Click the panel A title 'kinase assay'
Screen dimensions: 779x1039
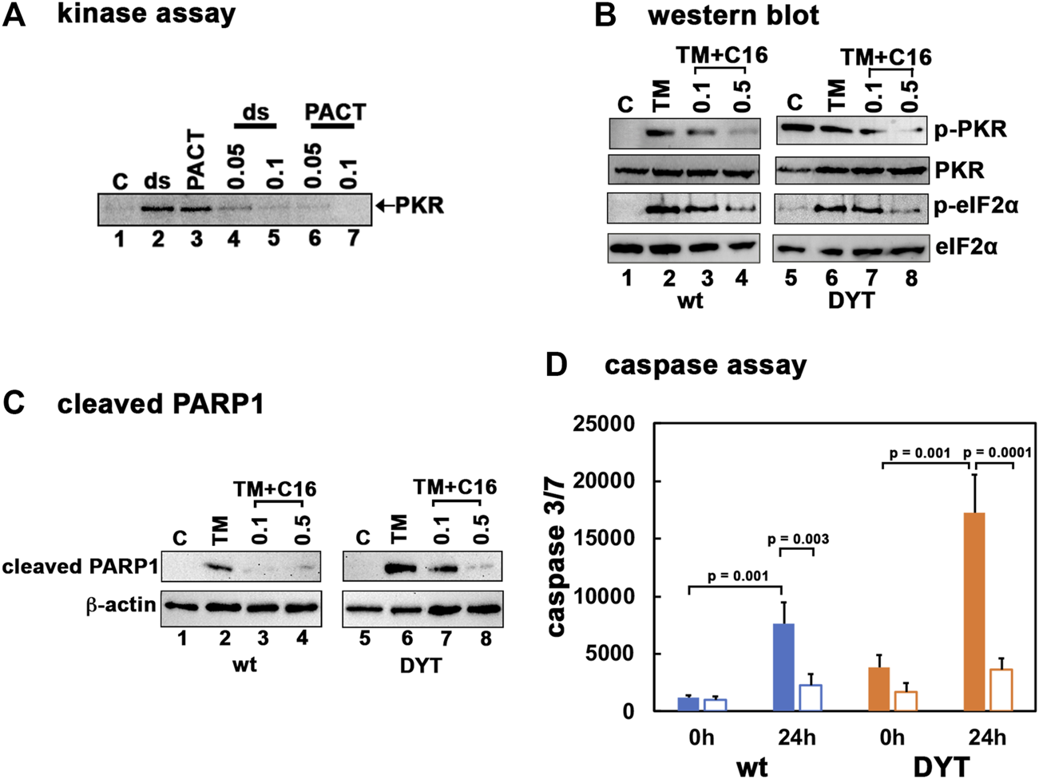[x=146, y=14]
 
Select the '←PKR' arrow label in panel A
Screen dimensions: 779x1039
[x=410, y=206]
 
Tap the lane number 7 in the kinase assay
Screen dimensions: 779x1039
[x=353, y=238]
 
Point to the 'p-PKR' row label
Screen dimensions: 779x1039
[x=970, y=130]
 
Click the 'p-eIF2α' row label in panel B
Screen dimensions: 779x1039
[x=977, y=207]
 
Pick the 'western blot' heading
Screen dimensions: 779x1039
[x=733, y=15]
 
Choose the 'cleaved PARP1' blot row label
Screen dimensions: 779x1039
[x=79, y=566]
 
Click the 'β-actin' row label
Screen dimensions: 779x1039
[x=120, y=604]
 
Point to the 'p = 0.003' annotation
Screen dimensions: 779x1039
[x=798, y=540]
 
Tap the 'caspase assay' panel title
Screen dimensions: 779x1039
[x=705, y=365]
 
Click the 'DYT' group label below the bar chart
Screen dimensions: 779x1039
[x=941, y=767]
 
